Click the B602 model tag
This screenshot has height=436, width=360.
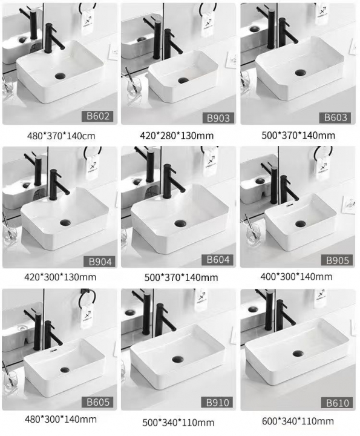pyautogui.click(x=97, y=116)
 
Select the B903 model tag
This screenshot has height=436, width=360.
pyautogui.click(x=218, y=118)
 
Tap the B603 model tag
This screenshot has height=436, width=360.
pyautogui.click(x=336, y=117)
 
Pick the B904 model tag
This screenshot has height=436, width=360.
pyautogui.click(x=100, y=262)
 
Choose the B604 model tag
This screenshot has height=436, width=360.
pyautogui.click(x=218, y=260)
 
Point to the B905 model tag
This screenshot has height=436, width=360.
pyautogui.click(x=337, y=260)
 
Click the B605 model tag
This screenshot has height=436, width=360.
pyautogui.click(x=98, y=402)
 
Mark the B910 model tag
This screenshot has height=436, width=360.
pyautogui.click(x=217, y=403)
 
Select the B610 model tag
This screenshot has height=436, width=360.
pyautogui.click(x=337, y=403)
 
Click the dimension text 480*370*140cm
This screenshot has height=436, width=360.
pyautogui.click(x=61, y=136)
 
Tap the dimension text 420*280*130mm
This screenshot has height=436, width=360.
pyautogui.click(x=177, y=136)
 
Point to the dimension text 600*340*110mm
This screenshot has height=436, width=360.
pyautogui.click(x=298, y=421)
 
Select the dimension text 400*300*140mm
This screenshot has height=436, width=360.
pyautogui.click(x=296, y=276)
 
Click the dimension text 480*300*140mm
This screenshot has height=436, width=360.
pyautogui.click(x=61, y=419)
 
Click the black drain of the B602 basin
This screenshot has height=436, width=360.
pyautogui.click(x=60, y=76)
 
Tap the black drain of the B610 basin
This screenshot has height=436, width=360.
pyautogui.click(x=298, y=354)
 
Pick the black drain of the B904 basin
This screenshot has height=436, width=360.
pyautogui.click(x=65, y=222)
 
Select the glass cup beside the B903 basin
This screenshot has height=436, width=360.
pyautogui.click(x=134, y=86)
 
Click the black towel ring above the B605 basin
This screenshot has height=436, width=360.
pyautogui.click(x=87, y=299)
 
